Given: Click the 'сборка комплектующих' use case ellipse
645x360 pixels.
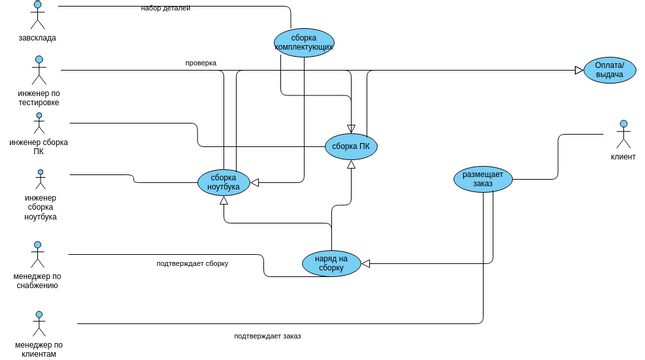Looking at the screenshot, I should click(x=304, y=43).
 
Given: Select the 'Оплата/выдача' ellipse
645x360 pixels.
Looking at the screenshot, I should click(x=609, y=70).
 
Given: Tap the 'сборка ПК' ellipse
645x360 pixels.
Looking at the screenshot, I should click(x=351, y=146).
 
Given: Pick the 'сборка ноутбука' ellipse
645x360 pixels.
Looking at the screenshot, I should click(x=223, y=182).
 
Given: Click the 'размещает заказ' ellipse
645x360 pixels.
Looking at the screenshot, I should click(x=483, y=179).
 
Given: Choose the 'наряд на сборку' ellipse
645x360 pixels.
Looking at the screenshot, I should click(x=331, y=263).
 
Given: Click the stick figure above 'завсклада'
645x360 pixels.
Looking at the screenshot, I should click(x=37, y=15).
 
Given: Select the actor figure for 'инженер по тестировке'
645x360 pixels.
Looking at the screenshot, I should click(x=39, y=70).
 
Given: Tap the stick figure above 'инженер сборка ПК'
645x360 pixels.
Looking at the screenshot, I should click(x=39, y=123).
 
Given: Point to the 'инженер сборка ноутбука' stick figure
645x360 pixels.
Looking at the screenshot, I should click(x=40, y=179).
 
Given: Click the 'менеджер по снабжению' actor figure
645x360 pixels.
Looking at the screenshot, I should click(x=38, y=255).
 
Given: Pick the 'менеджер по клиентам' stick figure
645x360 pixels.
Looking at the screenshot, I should click(x=39, y=324).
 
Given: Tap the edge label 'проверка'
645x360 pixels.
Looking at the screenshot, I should click(x=200, y=63).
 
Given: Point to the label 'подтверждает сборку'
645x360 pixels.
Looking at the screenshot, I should click(x=192, y=264).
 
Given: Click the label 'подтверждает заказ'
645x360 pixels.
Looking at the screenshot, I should click(x=267, y=336).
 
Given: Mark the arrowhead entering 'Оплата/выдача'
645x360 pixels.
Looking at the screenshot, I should click(x=579, y=70).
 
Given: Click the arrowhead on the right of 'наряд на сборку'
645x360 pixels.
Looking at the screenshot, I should click(x=366, y=264).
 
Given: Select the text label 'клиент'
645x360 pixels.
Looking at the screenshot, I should click(x=623, y=157).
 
